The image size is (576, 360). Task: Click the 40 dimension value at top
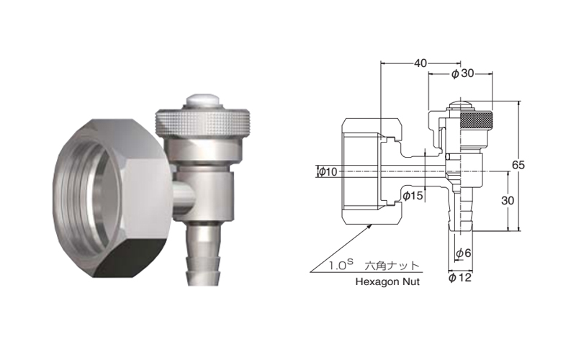click(x=420, y=63)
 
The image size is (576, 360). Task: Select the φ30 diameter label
click(x=462, y=74)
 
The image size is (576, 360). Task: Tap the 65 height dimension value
click(x=518, y=166)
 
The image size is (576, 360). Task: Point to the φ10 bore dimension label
click(x=328, y=171)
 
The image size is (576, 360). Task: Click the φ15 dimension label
click(x=413, y=196)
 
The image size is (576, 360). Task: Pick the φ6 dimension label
click(x=463, y=253)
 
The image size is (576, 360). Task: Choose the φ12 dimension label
click(x=460, y=278)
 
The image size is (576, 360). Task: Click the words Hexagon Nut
click(x=387, y=282)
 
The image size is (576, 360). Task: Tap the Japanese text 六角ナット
click(x=392, y=265)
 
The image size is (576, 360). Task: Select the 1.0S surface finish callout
click(x=341, y=264)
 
